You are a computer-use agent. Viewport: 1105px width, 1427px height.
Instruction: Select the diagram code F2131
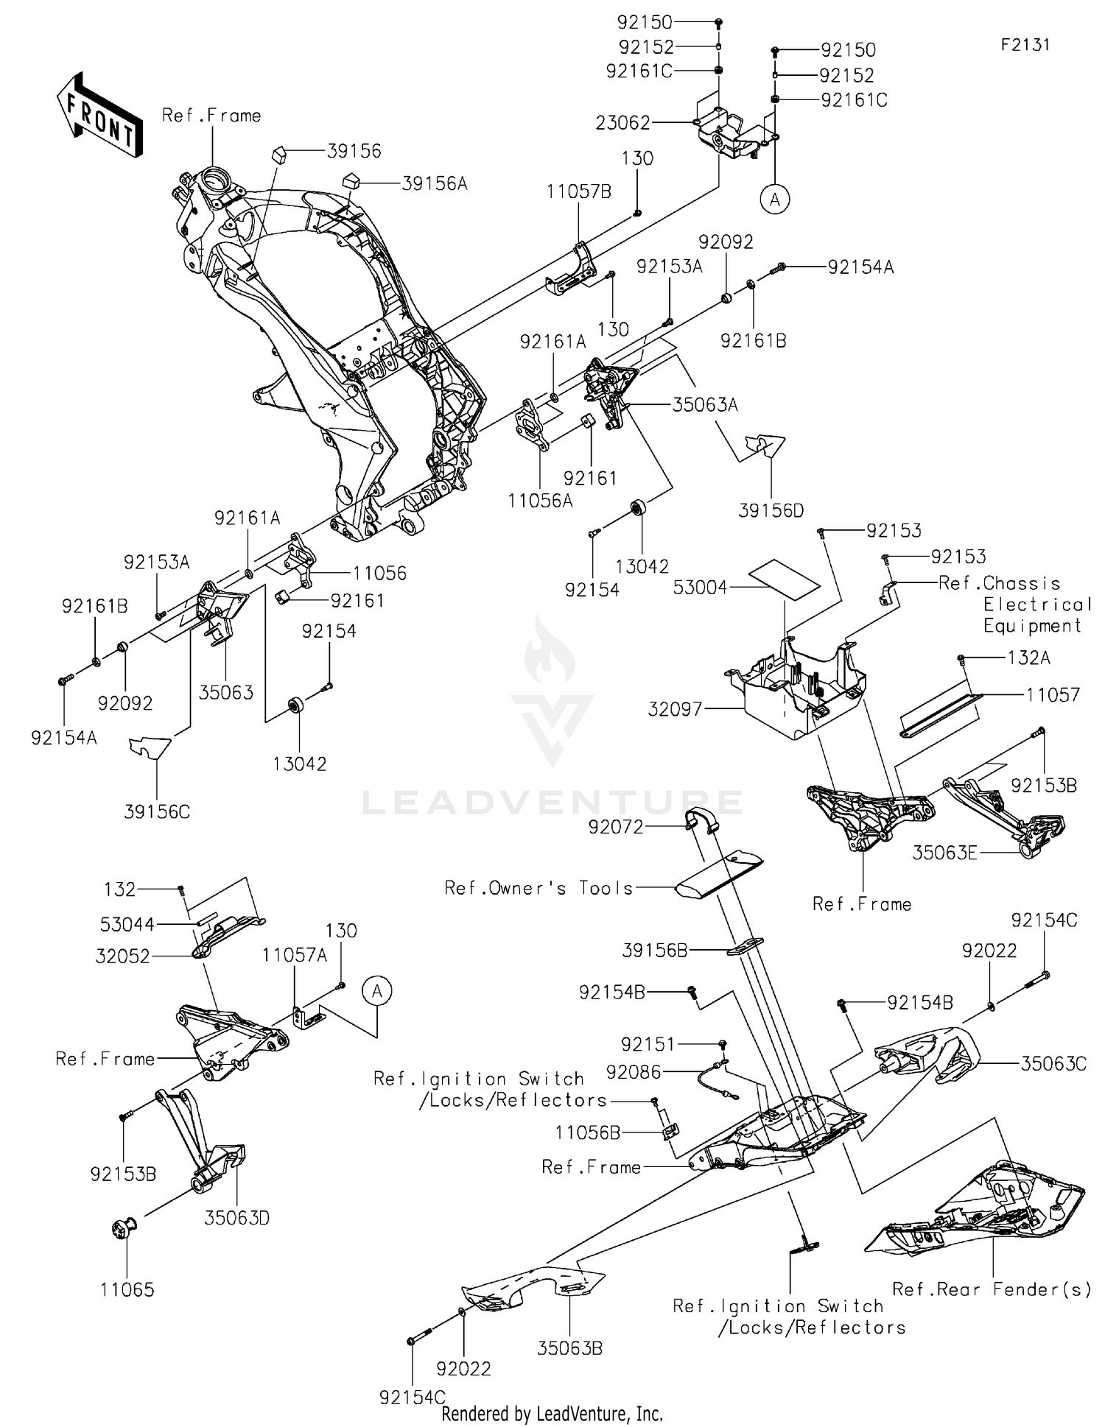(1025, 45)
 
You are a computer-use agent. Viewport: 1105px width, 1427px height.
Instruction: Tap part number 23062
(623, 123)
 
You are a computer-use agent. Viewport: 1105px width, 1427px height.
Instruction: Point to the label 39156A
(435, 183)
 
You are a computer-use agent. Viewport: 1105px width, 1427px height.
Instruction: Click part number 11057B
(579, 192)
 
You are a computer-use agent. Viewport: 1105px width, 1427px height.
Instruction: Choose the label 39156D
(771, 510)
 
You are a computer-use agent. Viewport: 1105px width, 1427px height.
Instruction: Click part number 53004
(701, 588)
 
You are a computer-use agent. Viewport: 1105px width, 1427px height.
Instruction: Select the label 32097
(676, 709)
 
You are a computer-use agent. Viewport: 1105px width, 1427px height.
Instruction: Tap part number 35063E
(945, 853)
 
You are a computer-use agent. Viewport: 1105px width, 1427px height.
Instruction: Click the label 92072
(616, 827)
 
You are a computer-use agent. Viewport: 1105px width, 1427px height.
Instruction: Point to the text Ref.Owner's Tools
(539, 888)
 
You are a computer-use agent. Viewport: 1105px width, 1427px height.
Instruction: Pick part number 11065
(127, 1289)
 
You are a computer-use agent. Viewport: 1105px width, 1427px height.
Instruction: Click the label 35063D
(237, 1218)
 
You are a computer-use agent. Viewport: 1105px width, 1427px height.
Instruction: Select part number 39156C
(157, 811)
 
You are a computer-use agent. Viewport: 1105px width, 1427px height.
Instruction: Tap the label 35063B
(570, 1348)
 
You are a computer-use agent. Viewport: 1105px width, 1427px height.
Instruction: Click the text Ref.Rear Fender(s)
(992, 1289)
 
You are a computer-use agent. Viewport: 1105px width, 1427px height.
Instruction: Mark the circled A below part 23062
(775, 199)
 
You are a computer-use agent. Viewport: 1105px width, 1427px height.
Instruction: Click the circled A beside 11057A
(377, 991)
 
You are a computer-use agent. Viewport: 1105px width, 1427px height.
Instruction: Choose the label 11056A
(540, 501)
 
